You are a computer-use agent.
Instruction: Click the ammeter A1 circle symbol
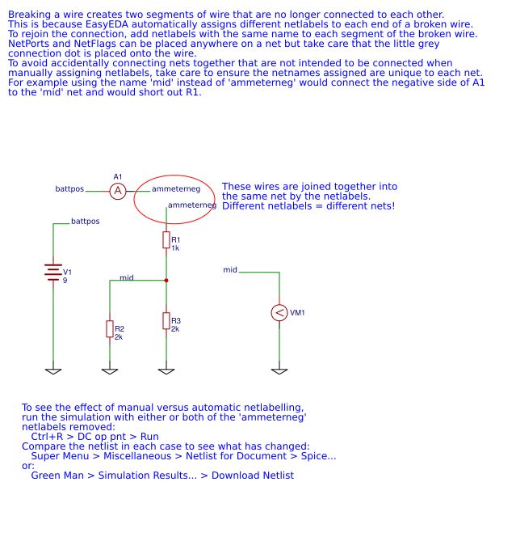click(x=118, y=191)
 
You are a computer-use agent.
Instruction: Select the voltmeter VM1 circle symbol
click(x=279, y=313)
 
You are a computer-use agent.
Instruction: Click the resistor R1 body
click(x=166, y=239)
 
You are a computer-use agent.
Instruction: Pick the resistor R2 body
click(x=110, y=328)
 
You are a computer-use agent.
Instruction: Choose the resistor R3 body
click(x=166, y=320)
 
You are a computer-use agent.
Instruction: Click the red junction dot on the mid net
click(x=166, y=281)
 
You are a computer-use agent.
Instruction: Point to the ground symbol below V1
click(x=53, y=371)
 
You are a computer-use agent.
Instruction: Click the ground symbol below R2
click(x=110, y=371)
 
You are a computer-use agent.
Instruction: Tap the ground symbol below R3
click(x=166, y=371)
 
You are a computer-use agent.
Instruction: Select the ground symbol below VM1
click(x=279, y=371)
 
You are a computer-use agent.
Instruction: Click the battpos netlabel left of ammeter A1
click(x=69, y=189)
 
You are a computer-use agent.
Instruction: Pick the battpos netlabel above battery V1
click(x=86, y=221)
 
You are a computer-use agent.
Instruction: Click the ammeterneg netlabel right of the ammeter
click(x=176, y=188)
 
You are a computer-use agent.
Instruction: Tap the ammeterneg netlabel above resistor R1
click(x=192, y=205)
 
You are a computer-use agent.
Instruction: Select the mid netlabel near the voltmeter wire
click(x=230, y=269)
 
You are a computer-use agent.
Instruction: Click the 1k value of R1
click(x=175, y=248)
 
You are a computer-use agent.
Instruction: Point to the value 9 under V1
click(x=65, y=281)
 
